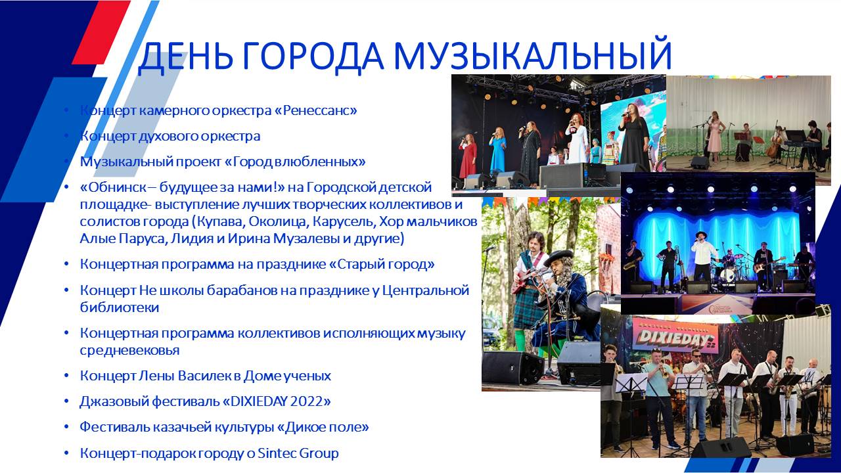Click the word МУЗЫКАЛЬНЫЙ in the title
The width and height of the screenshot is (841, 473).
532,55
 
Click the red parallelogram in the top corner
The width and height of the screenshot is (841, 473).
101,32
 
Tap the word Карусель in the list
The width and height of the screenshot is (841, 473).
344,221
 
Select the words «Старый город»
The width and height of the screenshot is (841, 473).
382,264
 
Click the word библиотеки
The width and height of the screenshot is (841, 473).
120,307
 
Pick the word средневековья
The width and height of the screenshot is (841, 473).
129,350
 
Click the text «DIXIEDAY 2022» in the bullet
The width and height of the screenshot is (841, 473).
277,401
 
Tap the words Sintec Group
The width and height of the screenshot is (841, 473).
298,453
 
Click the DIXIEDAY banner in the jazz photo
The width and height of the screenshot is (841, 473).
675,336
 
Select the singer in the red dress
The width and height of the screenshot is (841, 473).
467,156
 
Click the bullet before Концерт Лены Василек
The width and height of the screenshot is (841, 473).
66,376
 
